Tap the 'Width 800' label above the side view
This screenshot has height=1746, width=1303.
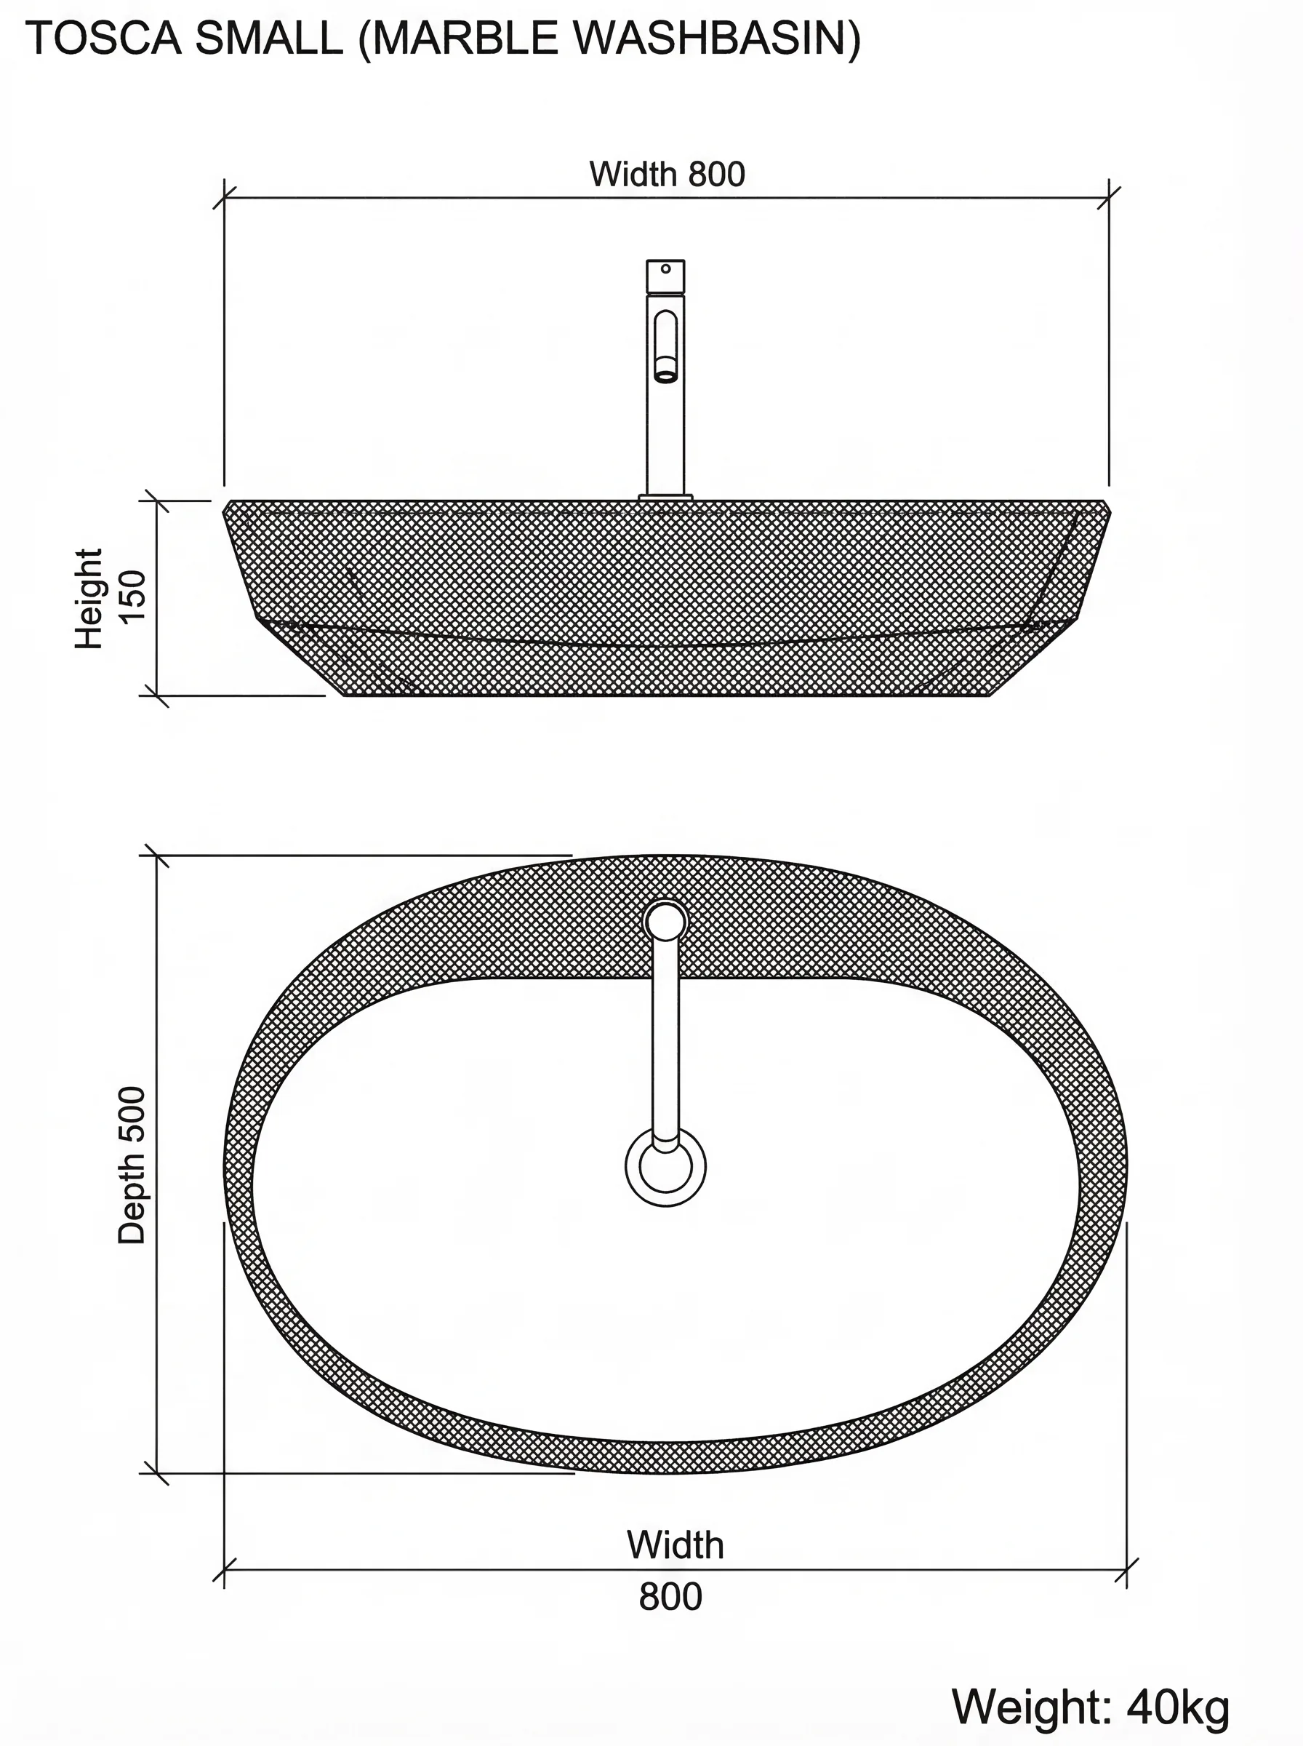pyautogui.click(x=667, y=175)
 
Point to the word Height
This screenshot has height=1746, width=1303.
pyautogui.click(x=89, y=598)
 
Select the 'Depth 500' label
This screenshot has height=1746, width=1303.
pyautogui.click(x=132, y=1165)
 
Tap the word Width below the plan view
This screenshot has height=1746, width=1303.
pyautogui.click(x=675, y=1544)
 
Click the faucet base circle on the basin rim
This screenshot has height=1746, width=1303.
pyautogui.click(x=666, y=922)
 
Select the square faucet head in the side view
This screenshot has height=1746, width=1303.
pyautogui.click(x=666, y=276)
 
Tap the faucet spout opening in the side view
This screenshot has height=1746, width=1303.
pyautogui.click(x=666, y=375)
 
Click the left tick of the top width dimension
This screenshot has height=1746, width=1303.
pyautogui.click(x=224, y=198)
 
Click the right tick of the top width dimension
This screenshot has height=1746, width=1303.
pyautogui.click(x=1109, y=198)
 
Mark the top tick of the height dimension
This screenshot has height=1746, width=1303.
pyautogui.click(x=156, y=501)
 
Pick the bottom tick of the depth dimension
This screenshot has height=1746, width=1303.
pyautogui.click(x=156, y=1473)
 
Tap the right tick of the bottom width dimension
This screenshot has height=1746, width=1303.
pyautogui.click(x=1126, y=1570)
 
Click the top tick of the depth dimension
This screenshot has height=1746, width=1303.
pyautogui.click(x=156, y=856)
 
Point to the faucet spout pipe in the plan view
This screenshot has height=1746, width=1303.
pyautogui.click(x=666, y=1042)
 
